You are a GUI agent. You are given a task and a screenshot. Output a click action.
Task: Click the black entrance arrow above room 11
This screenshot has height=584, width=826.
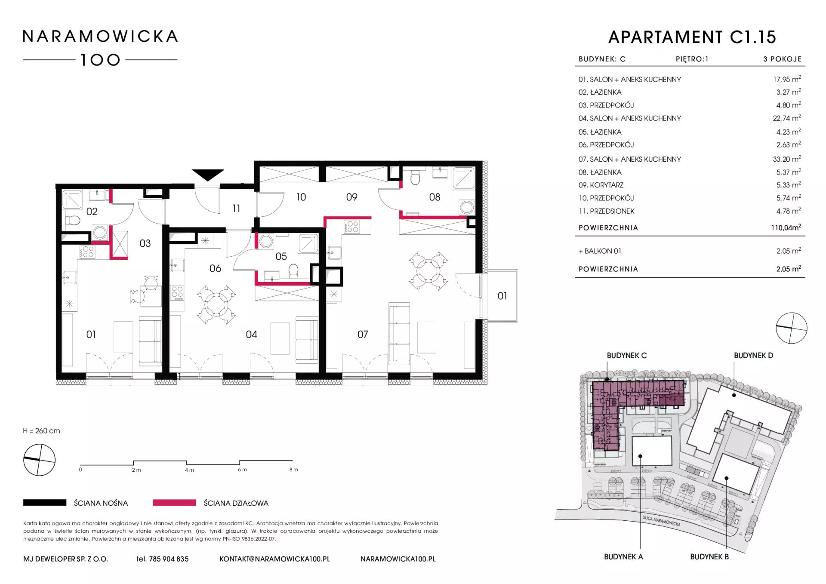tap(207, 175)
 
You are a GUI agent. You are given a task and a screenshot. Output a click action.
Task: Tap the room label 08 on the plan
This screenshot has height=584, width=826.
tap(435, 197)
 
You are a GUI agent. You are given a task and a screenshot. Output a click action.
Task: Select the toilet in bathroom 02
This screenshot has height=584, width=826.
tap(73, 221)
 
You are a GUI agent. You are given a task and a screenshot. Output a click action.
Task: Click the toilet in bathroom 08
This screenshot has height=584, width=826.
tap(415, 177)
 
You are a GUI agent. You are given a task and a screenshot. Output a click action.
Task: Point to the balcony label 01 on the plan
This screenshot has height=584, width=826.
tap(502, 296)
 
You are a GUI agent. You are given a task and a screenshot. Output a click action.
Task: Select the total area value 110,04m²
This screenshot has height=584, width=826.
tap(786, 227)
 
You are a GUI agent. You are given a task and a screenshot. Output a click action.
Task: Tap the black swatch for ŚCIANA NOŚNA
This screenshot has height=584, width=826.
tap(45, 502)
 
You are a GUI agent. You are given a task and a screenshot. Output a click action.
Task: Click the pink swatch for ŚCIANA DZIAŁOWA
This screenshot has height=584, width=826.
tap(174, 502)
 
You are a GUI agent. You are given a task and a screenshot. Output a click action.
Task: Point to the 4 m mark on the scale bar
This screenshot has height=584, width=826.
tap(189, 470)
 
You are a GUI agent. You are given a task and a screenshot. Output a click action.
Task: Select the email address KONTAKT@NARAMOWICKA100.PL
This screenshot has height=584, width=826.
tap(274, 559)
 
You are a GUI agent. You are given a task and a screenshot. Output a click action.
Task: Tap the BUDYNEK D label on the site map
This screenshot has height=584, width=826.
tap(753, 356)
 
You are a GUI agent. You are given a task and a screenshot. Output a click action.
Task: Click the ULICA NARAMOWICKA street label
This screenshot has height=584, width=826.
tap(661, 521)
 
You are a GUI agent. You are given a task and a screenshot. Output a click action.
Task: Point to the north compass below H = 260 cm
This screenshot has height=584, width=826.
tap(39, 460)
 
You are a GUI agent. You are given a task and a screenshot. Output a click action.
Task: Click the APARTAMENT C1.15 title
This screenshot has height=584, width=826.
tap(692, 37)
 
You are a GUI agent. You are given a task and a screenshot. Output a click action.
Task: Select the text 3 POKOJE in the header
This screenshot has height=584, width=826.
tap(783, 59)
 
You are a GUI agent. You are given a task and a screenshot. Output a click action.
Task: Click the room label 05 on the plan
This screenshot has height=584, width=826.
tap(281, 256)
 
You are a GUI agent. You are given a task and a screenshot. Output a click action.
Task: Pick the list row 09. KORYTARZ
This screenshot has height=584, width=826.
tap(690, 185)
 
